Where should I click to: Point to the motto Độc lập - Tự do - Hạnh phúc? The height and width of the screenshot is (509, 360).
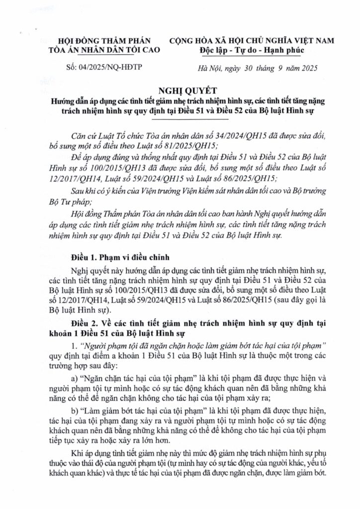[252, 51]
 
